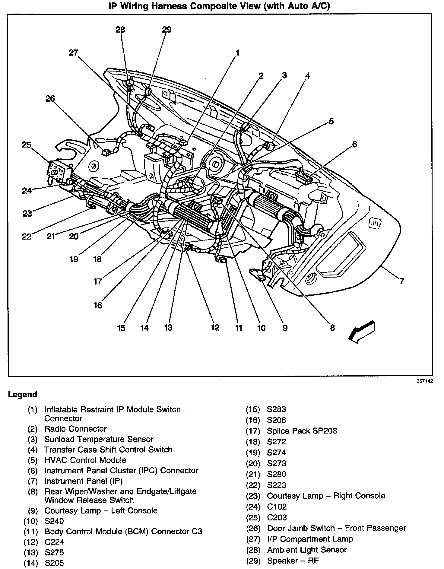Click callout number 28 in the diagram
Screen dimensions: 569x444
(x=120, y=30)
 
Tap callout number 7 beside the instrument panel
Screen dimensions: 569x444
(x=401, y=281)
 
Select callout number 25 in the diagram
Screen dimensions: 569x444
(x=27, y=145)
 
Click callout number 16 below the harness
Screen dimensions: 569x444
(x=98, y=305)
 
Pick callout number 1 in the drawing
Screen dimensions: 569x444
(x=237, y=53)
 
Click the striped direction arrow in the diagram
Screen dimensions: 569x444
(x=362, y=331)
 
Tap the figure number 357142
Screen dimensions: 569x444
(x=425, y=381)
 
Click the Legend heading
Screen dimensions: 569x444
(x=23, y=395)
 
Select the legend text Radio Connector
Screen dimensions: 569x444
(x=75, y=429)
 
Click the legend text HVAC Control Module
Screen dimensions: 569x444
(x=85, y=460)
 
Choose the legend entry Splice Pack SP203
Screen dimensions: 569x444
(x=302, y=431)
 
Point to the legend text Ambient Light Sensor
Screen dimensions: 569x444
(x=307, y=550)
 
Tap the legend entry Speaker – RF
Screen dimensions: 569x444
(x=293, y=561)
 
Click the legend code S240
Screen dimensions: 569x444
(x=54, y=521)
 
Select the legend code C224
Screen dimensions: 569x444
(x=55, y=542)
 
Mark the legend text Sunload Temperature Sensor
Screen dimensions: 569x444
(x=99, y=439)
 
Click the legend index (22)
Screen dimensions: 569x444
(x=253, y=485)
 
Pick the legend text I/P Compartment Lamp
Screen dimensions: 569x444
(x=310, y=539)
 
